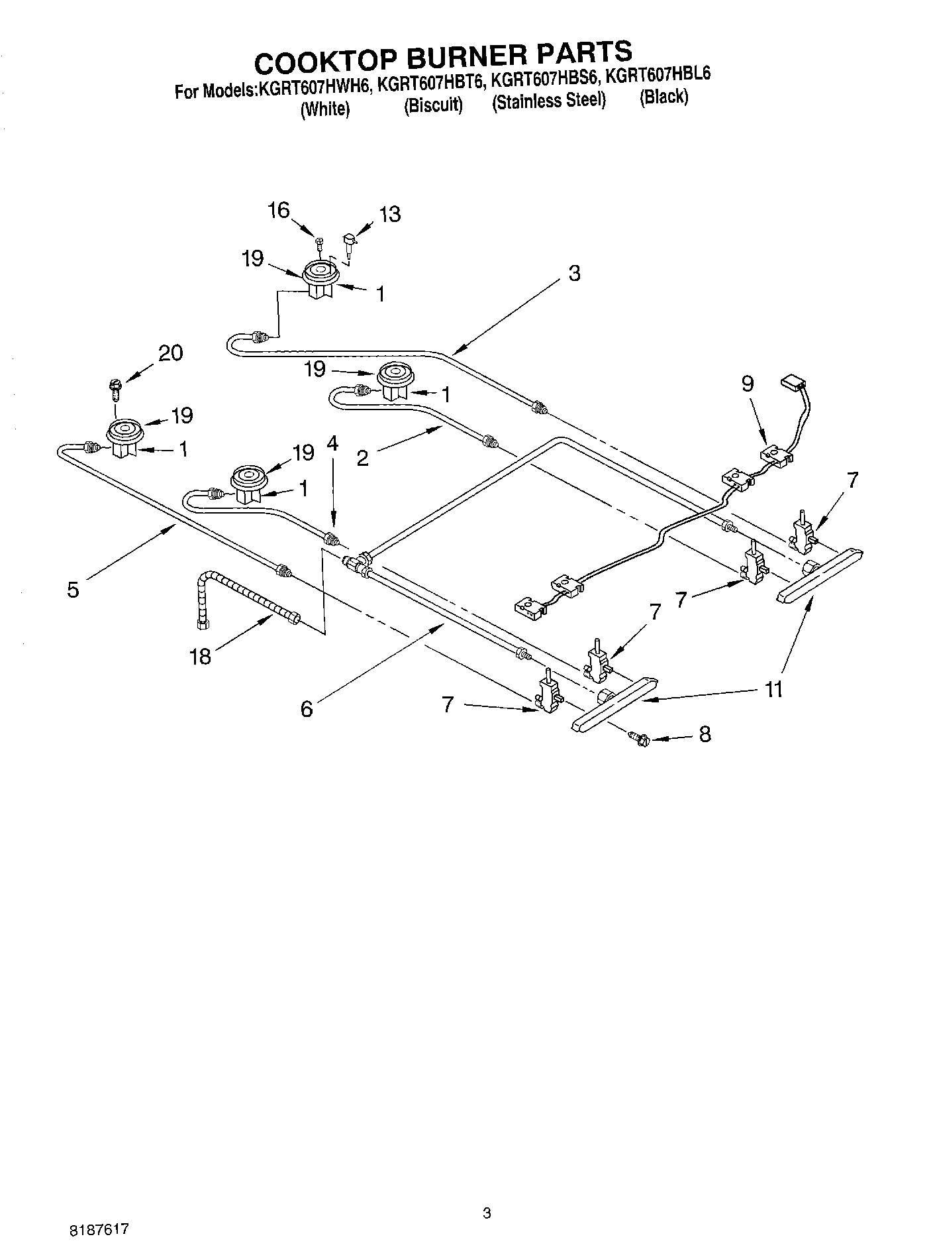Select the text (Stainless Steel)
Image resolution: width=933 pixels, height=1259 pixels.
(x=549, y=100)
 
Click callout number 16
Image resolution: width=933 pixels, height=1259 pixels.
(x=279, y=211)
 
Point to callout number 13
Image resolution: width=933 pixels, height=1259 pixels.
(x=390, y=214)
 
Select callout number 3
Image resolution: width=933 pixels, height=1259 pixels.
(x=574, y=273)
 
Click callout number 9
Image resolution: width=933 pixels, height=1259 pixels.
(x=747, y=384)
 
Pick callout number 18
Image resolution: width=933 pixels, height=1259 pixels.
(x=200, y=656)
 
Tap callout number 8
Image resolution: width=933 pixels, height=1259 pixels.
(x=705, y=734)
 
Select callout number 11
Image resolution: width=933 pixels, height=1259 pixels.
(x=773, y=689)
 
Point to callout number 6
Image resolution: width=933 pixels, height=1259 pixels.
(x=306, y=709)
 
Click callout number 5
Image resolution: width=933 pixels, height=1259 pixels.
(x=73, y=589)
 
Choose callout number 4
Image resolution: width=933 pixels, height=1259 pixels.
(x=332, y=443)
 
